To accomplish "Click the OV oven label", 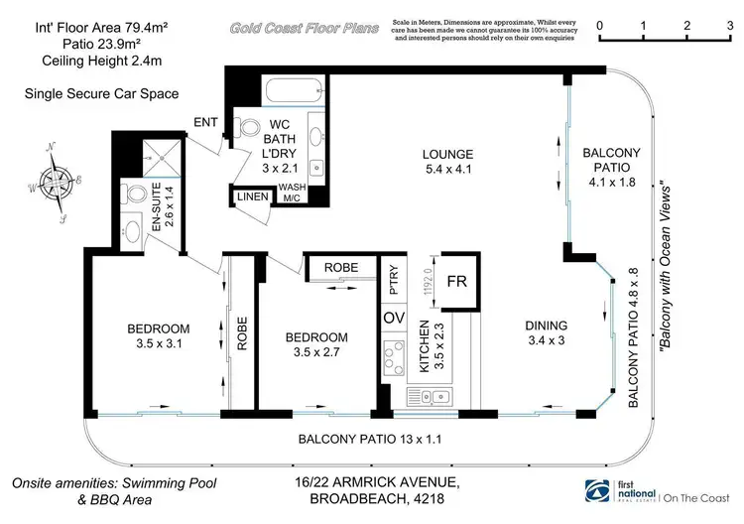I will click(x=392, y=318).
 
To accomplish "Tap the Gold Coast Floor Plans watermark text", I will click(x=305, y=29).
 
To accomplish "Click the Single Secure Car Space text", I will click(x=103, y=94).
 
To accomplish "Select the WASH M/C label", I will click(x=292, y=193).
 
